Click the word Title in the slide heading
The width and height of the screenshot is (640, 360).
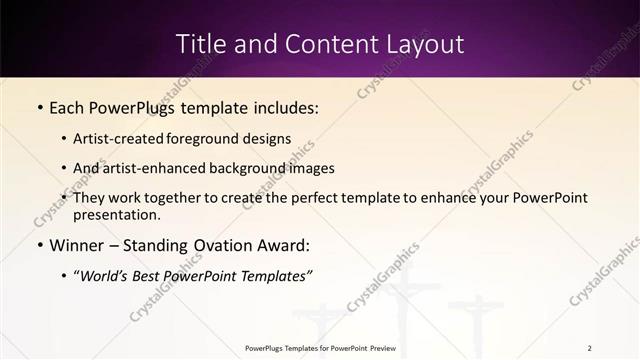(200, 44)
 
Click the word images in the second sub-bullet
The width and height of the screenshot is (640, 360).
(311, 168)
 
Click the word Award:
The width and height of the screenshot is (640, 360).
(284, 245)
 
